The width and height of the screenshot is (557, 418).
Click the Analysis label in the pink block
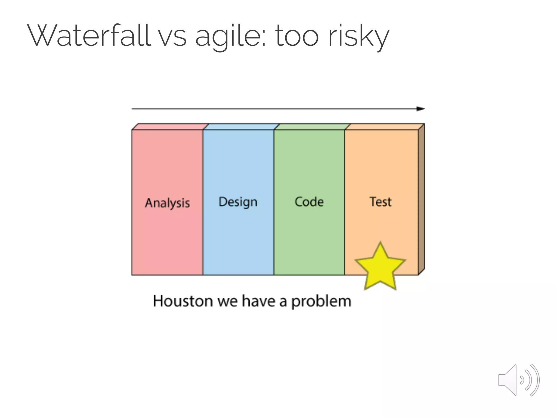coord(167,203)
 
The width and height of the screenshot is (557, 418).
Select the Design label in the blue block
coord(238,202)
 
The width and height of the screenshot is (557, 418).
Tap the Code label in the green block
coord(309,202)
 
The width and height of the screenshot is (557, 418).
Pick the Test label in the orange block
coord(380,202)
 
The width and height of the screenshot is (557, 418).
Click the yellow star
coord(380,268)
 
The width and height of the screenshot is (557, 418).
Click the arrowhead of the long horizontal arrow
coord(420,109)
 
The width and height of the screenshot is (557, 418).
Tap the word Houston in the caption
coord(183,301)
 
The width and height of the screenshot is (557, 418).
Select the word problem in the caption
coord(321,302)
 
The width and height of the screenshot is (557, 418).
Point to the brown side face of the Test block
coord(421,199)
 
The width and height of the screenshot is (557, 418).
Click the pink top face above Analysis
coord(170,127)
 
